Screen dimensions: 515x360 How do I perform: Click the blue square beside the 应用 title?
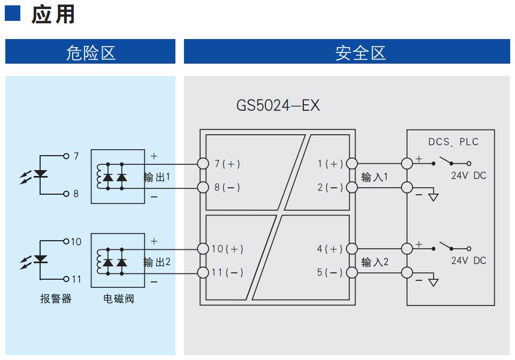pyautogui.click(x=12, y=13)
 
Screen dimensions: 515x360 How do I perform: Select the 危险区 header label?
pyautogui.click(x=91, y=52)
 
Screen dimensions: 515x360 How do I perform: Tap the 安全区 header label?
pyautogui.click(x=360, y=52)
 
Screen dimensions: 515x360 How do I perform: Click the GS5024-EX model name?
pyautogui.click(x=278, y=105)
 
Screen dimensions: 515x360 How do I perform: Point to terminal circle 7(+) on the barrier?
pyautogui.click(x=203, y=164)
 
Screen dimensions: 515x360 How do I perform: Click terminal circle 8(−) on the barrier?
pyautogui.click(x=203, y=187)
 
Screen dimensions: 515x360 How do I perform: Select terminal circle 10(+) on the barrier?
pyautogui.click(x=203, y=249)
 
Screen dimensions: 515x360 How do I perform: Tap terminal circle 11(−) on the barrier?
pyautogui.click(x=203, y=272)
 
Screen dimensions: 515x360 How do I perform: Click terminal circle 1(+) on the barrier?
pyautogui.click(x=352, y=163)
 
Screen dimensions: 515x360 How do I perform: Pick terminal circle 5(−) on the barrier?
pyautogui.click(x=352, y=272)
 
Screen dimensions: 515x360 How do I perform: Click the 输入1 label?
pyautogui.click(x=375, y=177)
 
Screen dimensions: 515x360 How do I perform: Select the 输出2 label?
pyautogui.click(x=157, y=262)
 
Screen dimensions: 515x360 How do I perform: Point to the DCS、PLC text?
pyautogui.click(x=453, y=142)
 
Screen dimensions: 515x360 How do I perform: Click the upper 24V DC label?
pyautogui.click(x=468, y=175)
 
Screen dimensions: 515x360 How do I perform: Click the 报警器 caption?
pyautogui.click(x=56, y=298)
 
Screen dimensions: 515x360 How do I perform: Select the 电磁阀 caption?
pyautogui.click(x=119, y=298)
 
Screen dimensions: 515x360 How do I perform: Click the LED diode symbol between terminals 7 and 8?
pyautogui.click(x=40, y=174)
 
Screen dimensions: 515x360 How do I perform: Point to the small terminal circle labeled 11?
pyautogui.click(x=66, y=279)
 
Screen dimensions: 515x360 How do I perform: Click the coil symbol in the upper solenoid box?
pyautogui.click(x=99, y=176)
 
